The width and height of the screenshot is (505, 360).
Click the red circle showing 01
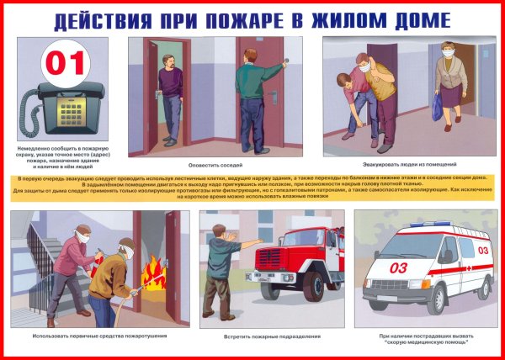tap(64, 60)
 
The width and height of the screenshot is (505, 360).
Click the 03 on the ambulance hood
tap(398, 267)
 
